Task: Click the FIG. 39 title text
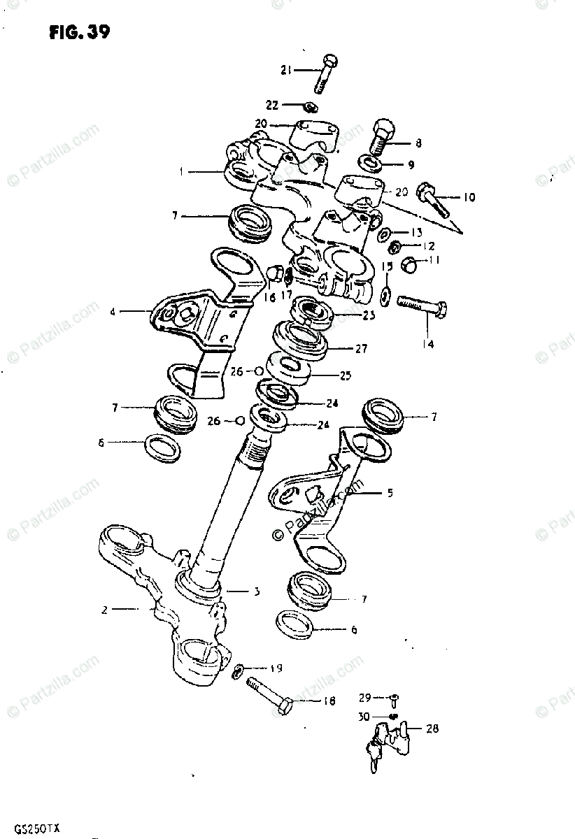pos(79,32)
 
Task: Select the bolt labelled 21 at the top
pos(327,73)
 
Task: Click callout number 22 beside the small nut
pos(271,105)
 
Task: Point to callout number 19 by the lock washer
pos(276,668)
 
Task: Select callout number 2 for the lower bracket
pos(104,610)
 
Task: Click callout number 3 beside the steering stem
pos(256,591)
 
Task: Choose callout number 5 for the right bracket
pos(390,493)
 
